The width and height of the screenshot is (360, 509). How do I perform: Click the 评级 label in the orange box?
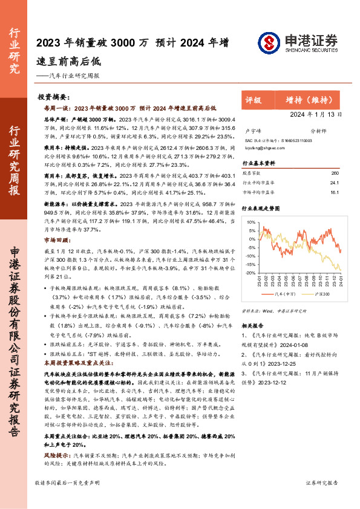pyautogui.click(x=254, y=100)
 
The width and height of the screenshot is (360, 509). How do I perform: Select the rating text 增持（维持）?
pyautogui.click(x=310, y=100)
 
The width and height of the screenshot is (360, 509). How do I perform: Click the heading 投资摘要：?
pyautogui.click(x=53, y=97)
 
